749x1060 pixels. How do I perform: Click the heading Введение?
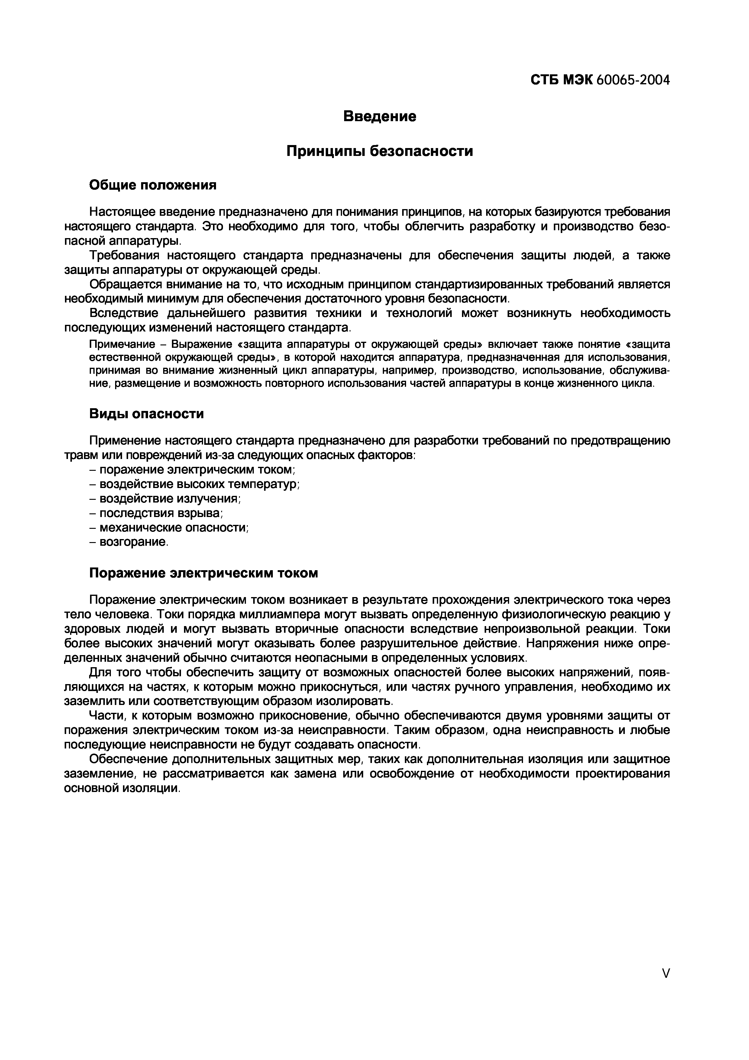(380, 116)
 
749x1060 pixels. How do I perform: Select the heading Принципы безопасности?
(380, 151)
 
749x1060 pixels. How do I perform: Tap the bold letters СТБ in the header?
(544, 80)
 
